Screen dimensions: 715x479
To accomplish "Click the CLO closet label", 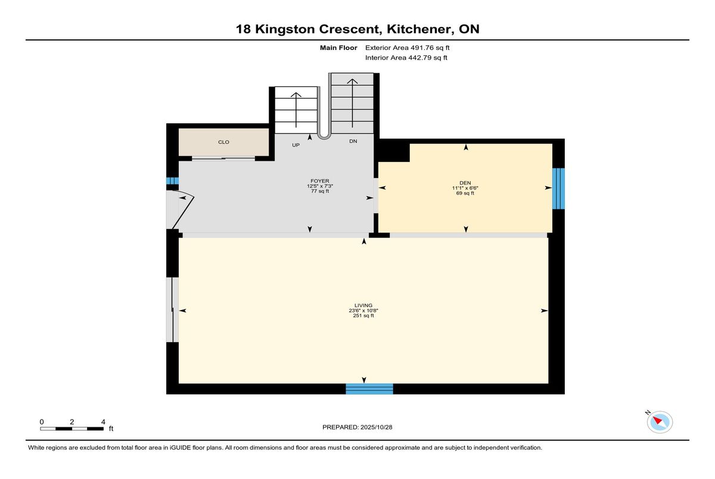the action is point(223,142).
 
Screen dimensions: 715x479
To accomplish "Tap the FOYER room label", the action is point(319,181).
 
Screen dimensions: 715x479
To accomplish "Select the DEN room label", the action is point(465,183).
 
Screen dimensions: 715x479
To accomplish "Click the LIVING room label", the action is point(363,305).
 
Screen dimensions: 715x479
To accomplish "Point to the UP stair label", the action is point(296,145).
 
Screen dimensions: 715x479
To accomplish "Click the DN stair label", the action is point(353,141).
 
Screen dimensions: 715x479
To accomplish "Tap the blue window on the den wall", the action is point(558,189).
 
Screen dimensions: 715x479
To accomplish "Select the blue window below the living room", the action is point(369,389).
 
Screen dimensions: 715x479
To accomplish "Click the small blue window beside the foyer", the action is point(172,181).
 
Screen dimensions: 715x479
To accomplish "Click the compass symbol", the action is point(660,422).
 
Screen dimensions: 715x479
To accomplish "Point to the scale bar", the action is point(72,428).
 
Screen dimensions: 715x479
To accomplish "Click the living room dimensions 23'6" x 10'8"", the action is point(363,311).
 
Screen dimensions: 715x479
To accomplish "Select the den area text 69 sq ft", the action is point(465,193).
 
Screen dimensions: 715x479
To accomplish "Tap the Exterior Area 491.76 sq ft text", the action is point(408,48).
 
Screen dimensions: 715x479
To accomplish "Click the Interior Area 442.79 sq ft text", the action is point(406,58).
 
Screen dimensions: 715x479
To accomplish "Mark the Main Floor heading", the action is point(338,48).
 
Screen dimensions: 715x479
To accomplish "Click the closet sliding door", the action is point(223,158).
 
